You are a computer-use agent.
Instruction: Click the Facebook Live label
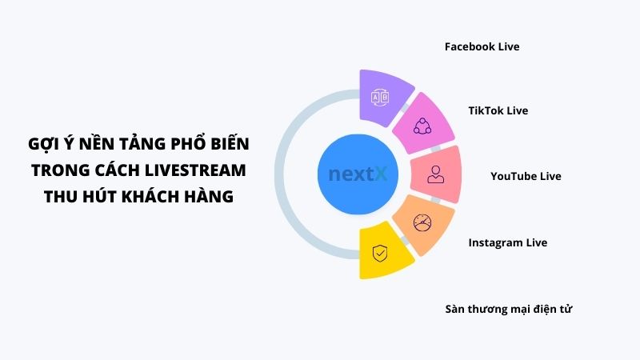pos(482,47)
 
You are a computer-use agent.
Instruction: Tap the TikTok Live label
pos(498,110)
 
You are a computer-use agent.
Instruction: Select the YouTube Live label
pos(526,176)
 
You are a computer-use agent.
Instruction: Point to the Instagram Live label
pos(508,242)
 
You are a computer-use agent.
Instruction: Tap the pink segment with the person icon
pos(435,174)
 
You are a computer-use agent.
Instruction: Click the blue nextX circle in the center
pos(358,174)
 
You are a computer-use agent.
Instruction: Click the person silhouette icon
pos(435,174)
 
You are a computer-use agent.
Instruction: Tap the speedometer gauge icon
pos(421,222)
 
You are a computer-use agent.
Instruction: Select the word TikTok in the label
pos(486,110)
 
